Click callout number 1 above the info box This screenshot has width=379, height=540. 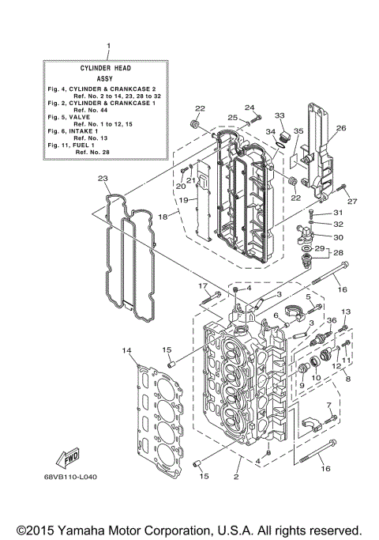click(108, 47)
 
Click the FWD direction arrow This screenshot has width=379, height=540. click(68, 457)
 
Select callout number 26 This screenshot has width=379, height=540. click(341, 127)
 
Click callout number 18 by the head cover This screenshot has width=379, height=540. click(163, 216)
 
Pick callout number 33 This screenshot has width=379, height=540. click(280, 115)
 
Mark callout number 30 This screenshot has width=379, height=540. click(337, 236)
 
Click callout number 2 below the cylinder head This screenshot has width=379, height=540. click(235, 477)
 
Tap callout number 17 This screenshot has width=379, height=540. click(202, 285)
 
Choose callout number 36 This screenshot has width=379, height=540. click(332, 320)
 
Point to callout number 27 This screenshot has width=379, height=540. click(353, 201)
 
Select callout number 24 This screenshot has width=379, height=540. click(249, 108)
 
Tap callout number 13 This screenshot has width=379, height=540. click(345, 312)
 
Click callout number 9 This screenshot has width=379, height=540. click(301, 385)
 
